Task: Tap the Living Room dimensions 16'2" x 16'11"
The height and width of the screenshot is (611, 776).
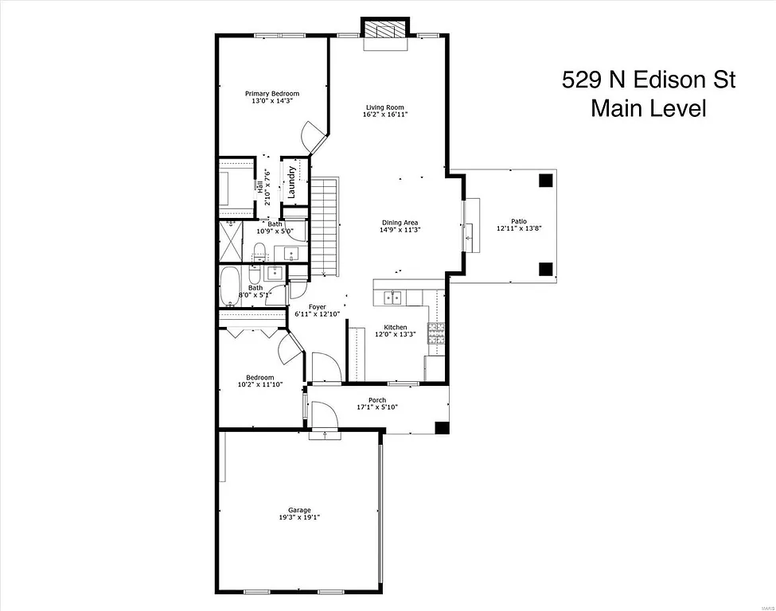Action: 385,115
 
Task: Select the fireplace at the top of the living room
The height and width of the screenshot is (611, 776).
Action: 385,29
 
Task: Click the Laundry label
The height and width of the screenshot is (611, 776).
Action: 293,181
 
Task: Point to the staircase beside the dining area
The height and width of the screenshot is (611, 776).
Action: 324,227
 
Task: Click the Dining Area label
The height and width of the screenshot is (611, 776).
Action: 399,223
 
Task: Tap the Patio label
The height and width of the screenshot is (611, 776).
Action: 518,221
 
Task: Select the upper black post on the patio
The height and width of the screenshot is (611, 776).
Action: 545,180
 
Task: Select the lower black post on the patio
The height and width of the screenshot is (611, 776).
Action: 545,268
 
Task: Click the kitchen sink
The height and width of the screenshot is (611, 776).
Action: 393,298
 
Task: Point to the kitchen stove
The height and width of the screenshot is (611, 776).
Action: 437,333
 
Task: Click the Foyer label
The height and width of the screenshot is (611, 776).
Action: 318,306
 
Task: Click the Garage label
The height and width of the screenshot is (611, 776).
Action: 299,511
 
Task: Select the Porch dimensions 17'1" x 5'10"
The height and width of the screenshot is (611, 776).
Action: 377,407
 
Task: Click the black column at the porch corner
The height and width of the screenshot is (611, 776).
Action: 442,427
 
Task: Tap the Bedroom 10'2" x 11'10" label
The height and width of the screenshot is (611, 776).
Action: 259,377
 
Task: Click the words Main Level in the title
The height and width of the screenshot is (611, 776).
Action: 648,108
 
